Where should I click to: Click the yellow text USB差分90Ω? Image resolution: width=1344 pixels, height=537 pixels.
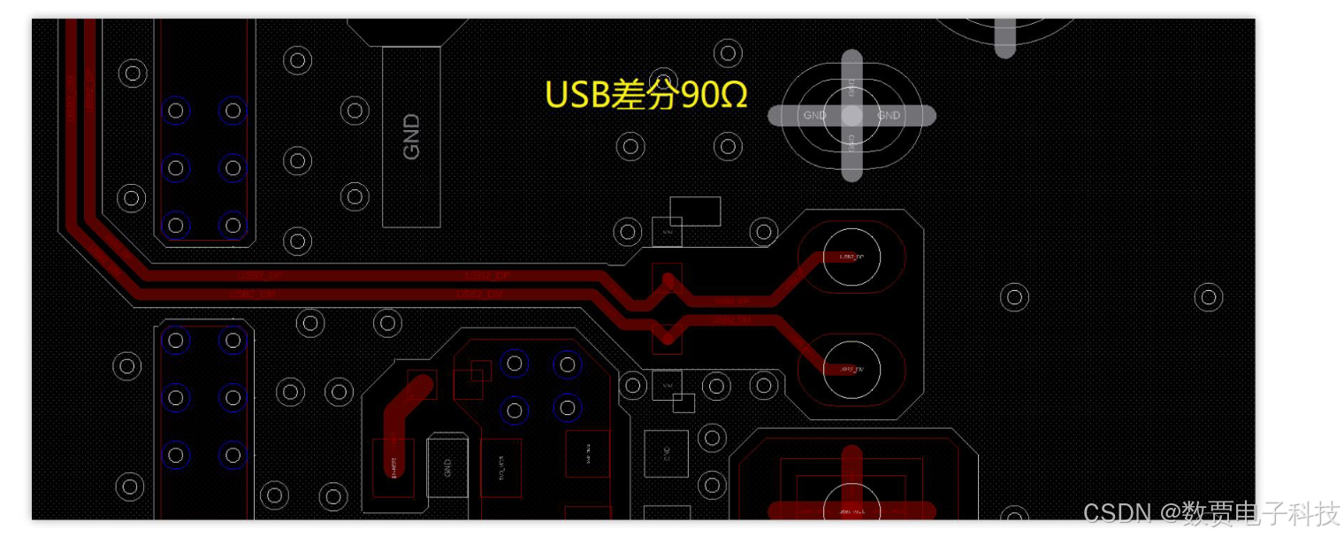tap(645, 95)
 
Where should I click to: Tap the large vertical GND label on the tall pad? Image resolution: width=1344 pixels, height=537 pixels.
tap(411, 136)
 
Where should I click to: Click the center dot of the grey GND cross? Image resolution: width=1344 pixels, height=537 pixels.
tap(851, 115)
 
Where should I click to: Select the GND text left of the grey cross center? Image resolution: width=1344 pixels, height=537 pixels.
tap(814, 115)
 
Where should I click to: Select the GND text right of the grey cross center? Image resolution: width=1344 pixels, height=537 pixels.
tap(889, 115)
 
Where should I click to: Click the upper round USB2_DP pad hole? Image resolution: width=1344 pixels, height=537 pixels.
tap(851, 257)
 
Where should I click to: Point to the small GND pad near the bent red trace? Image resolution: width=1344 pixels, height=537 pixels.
tap(447, 467)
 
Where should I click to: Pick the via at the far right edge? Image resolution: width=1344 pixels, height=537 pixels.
tap(1209, 297)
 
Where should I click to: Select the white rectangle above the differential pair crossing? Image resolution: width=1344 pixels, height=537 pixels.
tap(695, 211)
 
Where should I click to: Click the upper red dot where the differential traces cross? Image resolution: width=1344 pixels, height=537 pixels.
tap(668, 281)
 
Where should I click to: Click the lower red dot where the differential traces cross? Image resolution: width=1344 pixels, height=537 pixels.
tap(668, 336)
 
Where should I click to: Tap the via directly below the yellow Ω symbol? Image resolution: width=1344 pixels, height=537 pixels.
tap(727, 146)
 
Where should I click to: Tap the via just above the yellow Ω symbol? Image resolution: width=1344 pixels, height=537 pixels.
tap(727, 53)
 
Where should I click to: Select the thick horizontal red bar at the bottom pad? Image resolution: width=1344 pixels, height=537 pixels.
tap(851, 510)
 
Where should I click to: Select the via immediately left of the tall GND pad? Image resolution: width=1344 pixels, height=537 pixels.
tap(355, 111)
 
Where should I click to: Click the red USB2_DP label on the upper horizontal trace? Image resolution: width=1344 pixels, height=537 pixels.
tap(486, 276)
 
